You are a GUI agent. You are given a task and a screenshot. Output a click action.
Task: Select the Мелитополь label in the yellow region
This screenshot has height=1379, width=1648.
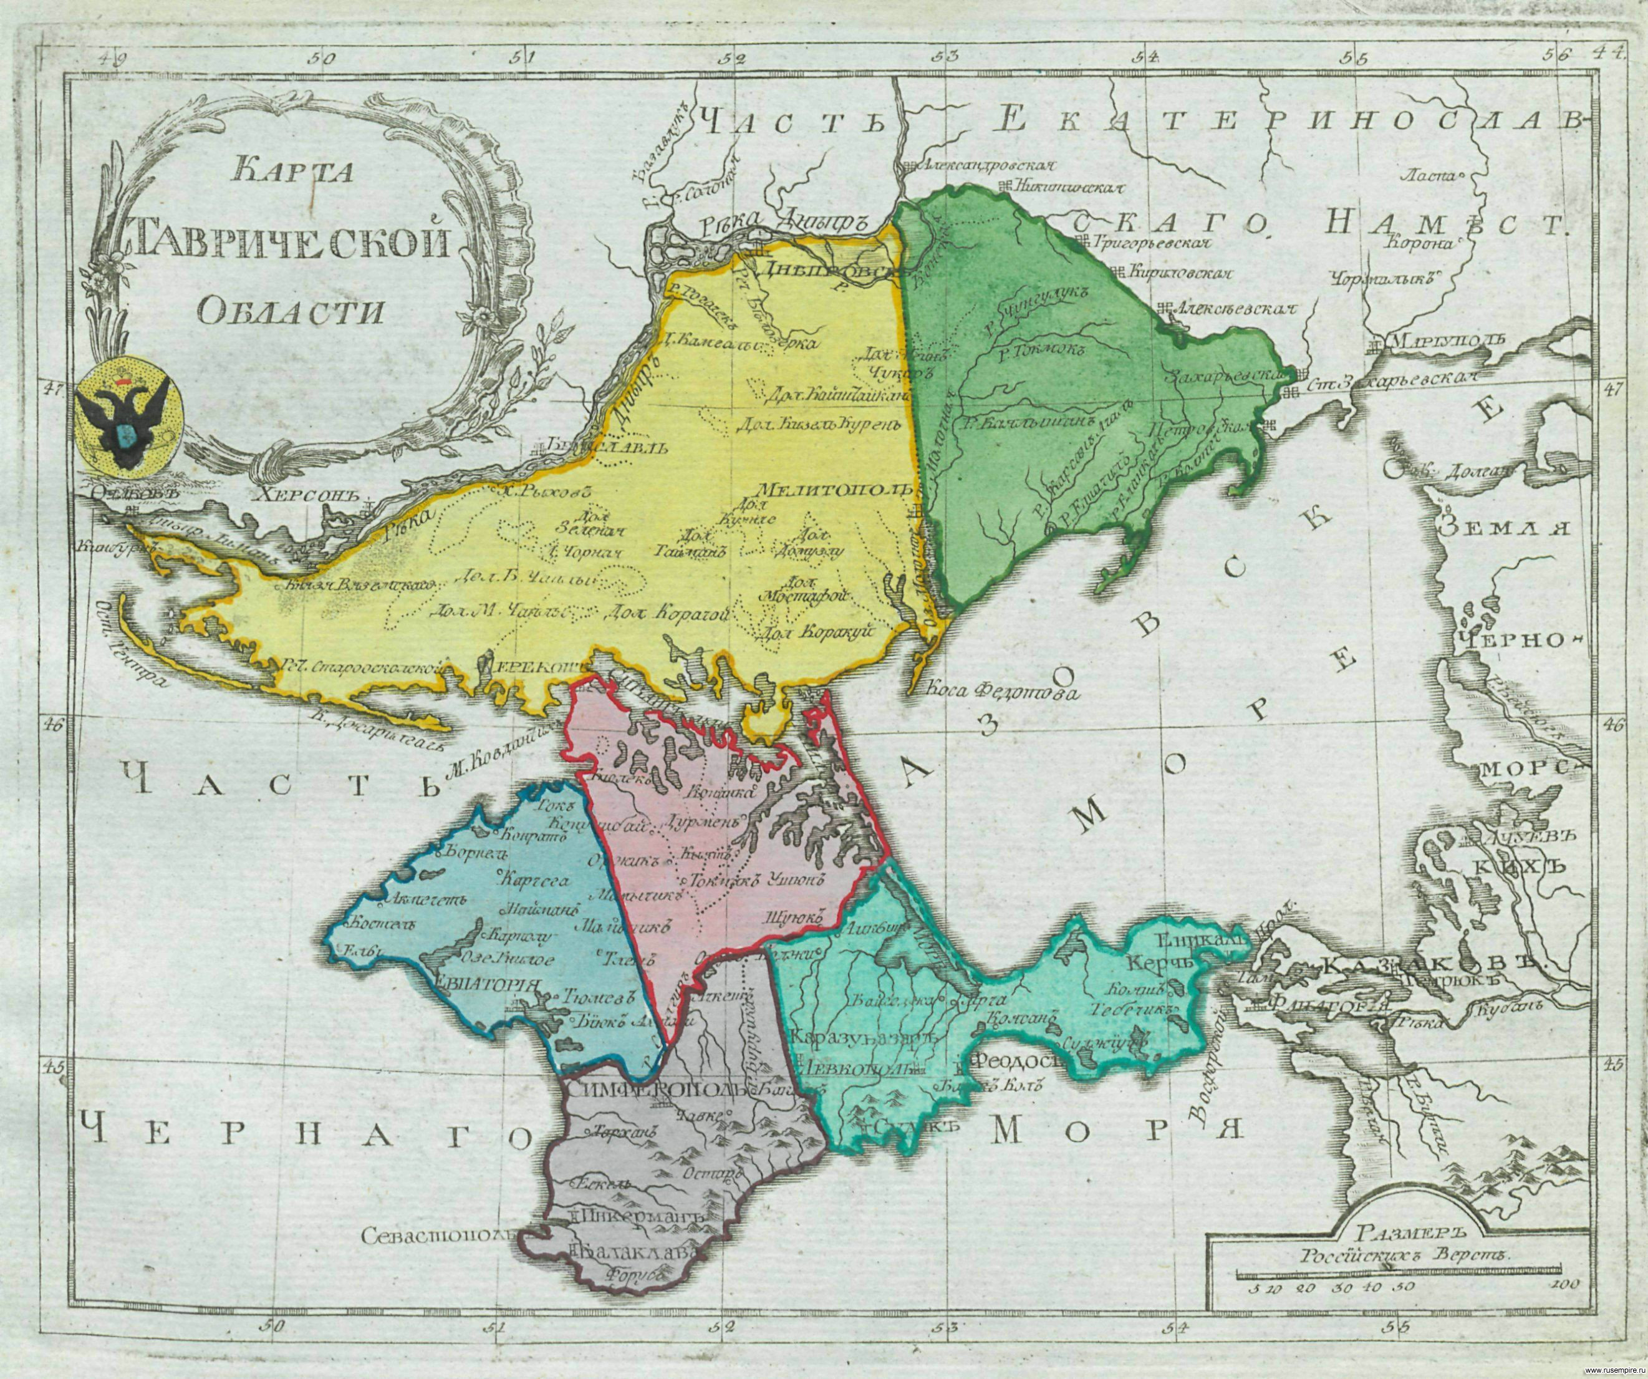tap(834, 487)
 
